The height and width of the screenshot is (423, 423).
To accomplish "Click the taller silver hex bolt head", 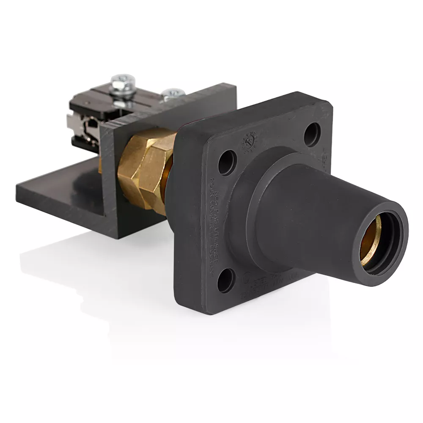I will tap(123, 80).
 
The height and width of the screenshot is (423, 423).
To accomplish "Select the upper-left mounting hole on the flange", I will tap(227, 162).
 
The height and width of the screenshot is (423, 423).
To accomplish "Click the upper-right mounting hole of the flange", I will tap(312, 133).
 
